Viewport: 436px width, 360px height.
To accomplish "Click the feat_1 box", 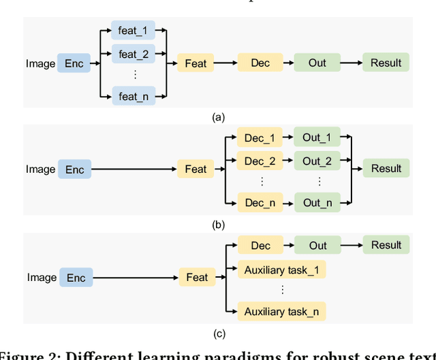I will pyautogui.click(x=133, y=29).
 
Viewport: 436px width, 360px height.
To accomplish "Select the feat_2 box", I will pyautogui.click(x=133, y=53).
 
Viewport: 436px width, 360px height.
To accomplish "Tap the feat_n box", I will pyautogui.click(x=133, y=96).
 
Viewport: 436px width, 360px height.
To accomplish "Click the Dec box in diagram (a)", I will pyautogui.click(x=260, y=63).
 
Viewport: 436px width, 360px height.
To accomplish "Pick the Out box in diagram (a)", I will pyautogui.click(x=317, y=63).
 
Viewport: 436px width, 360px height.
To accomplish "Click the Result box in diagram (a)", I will pyautogui.click(x=386, y=63).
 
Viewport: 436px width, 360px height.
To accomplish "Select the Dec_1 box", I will pyautogui.click(x=259, y=138).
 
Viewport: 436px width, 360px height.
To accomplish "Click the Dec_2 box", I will pyautogui.click(x=259, y=161).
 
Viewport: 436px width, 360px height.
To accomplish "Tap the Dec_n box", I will pyautogui.click(x=259, y=202).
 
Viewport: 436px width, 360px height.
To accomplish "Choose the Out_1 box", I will pyautogui.click(x=317, y=138).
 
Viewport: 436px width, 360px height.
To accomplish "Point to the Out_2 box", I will pyautogui.click(x=317, y=161).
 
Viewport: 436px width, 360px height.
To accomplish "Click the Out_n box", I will pyautogui.click(x=317, y=202).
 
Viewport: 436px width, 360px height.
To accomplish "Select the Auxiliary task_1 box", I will pyautogui.click(x=281, y=269).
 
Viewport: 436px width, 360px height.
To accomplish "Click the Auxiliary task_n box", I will pyautogui.click(x=281, y=312).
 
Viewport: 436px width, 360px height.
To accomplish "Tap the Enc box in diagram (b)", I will pyautogui.click(x=74, y=169).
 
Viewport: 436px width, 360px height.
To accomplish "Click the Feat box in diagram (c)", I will pyautogui.click(x=197, y=277).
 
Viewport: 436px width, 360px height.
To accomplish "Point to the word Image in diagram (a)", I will pyautogui.click(x=40, y=63).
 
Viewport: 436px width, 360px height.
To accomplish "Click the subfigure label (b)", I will pyautogui.click(x=218, y=225).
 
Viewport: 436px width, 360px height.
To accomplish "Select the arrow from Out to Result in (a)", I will pyautogui.click(x=350, y=63).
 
